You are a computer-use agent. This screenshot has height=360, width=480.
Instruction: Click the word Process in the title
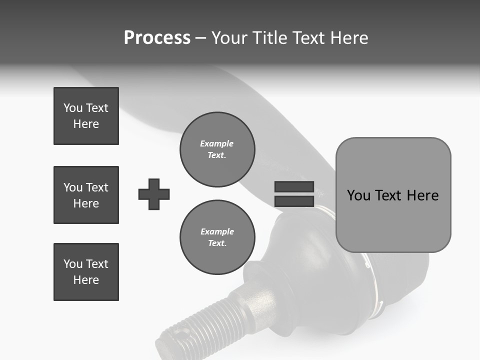pos(157,38)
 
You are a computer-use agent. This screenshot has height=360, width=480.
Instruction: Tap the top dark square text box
pos(86,116)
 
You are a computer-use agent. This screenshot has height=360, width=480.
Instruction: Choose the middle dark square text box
pos(86,195)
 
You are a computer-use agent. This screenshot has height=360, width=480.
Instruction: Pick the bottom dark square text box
pos(86,272)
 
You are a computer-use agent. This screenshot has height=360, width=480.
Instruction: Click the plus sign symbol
pos(154,194)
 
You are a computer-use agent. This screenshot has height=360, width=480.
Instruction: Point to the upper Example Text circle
pos(217,149)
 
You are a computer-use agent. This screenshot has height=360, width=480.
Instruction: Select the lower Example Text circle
pos(217,237)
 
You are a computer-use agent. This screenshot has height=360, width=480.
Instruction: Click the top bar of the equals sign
pos(294,187)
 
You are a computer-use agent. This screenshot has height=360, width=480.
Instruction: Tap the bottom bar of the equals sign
pos(294,201)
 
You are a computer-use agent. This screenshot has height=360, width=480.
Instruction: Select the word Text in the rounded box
pos(389,195)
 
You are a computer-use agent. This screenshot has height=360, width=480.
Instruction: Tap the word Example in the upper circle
pos(217,143)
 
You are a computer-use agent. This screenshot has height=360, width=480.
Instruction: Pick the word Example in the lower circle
pos(217,231)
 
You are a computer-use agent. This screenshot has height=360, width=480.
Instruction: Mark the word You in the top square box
pos(72,108)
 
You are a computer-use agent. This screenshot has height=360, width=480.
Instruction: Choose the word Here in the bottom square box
pos(86,280)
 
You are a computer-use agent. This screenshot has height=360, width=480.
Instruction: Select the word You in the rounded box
pos(358,195)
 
